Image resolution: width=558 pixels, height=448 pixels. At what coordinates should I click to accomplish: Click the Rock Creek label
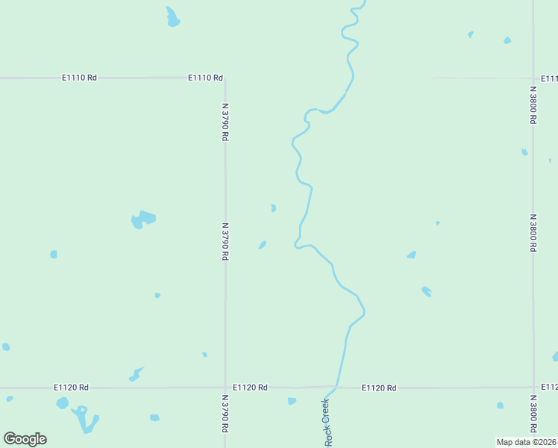point(326,423)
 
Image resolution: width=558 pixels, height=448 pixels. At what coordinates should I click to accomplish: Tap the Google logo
point(25,439)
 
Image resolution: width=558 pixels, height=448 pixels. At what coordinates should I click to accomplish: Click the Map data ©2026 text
point(526,442)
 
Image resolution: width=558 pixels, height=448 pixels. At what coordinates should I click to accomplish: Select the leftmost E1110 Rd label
point(79,78)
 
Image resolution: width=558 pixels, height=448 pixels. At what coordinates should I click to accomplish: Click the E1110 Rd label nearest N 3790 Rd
point(206,78)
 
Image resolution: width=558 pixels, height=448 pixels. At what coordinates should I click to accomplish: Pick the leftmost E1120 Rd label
point(71,388)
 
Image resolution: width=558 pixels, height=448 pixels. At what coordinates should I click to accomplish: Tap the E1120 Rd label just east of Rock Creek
point(379,388)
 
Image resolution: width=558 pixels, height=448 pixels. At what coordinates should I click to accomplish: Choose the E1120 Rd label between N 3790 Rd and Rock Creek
point(250,388)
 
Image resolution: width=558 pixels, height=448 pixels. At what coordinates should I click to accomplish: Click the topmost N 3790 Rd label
point(225,122)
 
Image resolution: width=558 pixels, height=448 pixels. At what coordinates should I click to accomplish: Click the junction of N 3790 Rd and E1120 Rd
point(225,388)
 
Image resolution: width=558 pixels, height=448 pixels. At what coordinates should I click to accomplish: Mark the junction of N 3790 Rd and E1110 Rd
point(225,78)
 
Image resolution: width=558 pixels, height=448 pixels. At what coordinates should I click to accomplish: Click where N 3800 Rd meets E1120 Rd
point(533,388)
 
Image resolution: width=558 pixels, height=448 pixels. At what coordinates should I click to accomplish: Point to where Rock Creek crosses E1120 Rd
point(336,387)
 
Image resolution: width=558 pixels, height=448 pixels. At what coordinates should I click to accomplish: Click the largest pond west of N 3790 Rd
point(142,219)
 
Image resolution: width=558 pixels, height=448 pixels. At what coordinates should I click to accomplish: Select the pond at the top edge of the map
point(172,17)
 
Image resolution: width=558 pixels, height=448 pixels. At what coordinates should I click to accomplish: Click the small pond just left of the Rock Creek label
point(292,401)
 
